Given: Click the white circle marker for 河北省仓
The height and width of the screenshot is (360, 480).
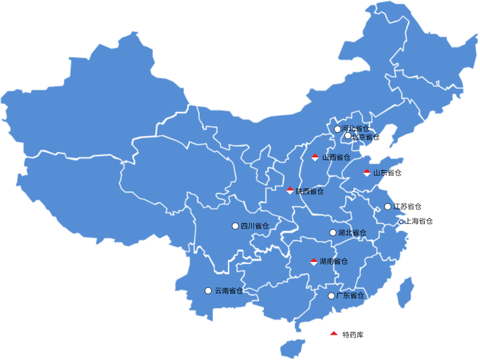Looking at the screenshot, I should (337, 129).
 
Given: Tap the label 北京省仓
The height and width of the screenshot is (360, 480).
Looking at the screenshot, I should (366, 137).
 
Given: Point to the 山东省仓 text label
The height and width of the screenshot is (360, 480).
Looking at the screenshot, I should (387, 173).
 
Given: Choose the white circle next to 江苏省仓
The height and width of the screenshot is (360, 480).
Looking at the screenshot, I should (387, 207).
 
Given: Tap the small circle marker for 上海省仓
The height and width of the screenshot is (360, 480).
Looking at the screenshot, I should (401, 221).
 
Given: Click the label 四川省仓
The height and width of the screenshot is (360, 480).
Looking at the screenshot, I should (255, 226).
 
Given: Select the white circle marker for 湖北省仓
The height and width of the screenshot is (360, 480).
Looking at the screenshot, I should (333, 233).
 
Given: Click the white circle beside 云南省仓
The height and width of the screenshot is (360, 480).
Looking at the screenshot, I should (208, 291).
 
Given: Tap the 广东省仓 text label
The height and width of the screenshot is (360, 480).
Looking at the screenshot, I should (350, 296).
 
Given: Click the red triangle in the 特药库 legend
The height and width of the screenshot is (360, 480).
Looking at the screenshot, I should (334, 334).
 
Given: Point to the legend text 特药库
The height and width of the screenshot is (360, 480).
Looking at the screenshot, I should (353, 335).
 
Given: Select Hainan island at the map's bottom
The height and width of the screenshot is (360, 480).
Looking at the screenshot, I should (293, 348).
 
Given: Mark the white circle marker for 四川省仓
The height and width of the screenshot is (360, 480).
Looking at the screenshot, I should (235, 226).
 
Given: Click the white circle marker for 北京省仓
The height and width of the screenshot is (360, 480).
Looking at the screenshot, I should (348, 136).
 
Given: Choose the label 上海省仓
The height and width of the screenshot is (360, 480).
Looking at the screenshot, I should (419, 221).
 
